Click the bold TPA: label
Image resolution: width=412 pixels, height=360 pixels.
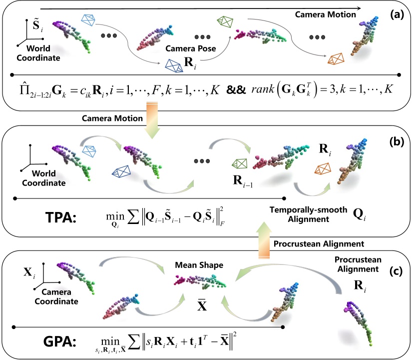point(62,218)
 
